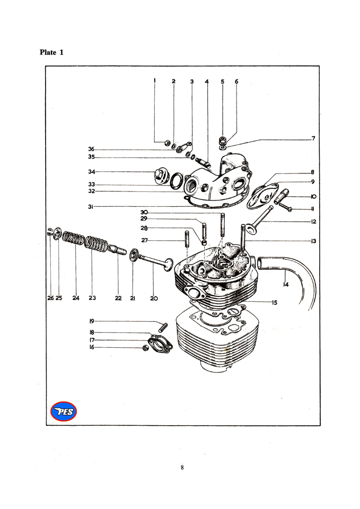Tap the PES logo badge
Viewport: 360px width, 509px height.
[x=63, y=411]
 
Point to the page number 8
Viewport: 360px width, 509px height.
[x=182, y=468]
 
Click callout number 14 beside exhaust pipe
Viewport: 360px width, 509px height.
[x=286, y=285]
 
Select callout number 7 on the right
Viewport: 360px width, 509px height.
[x=314, y=138]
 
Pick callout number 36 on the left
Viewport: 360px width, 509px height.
[x=91, y=149]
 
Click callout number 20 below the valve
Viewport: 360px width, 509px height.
[x=154, y=298]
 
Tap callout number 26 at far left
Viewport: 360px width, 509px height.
[x=50, y=298]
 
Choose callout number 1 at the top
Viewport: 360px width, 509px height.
[x=154, y=81]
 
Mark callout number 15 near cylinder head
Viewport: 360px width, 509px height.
[x=275, y=303]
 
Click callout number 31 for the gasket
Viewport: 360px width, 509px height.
[x=91, y=206]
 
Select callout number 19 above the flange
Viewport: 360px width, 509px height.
[x=92, y=321]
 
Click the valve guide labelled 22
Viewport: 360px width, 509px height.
[x=117, y=249]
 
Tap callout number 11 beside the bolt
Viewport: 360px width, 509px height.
[x=313, y=209]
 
